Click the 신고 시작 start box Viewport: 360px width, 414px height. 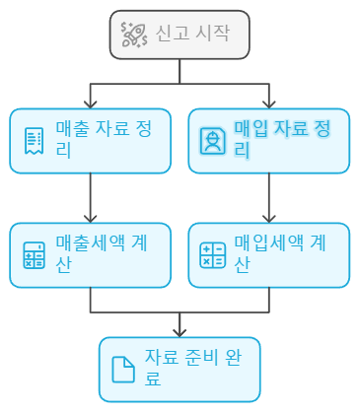pos(180,34)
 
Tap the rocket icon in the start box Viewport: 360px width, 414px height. pos(133,34)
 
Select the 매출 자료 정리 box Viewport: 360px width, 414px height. pos(90,140)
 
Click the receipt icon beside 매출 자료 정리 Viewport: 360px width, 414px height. pos(35,140)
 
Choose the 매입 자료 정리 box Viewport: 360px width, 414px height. pos(268,140)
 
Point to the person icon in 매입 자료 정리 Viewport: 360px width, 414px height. pos(212,141)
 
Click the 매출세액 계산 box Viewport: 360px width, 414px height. pos(90,254)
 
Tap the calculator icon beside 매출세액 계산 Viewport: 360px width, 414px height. pos(35,255)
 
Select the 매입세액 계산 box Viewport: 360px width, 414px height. pos(268,254)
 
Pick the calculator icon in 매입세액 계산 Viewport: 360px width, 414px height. pos(212,255)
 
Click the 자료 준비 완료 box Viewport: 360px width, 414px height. pos(180,369)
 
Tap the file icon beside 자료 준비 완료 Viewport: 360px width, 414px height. pos(123,370)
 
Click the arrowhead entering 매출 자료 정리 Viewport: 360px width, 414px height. pos(90,103)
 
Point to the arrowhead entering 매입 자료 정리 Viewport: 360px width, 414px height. pos(268,103)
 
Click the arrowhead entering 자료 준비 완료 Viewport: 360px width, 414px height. pos(180,331)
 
